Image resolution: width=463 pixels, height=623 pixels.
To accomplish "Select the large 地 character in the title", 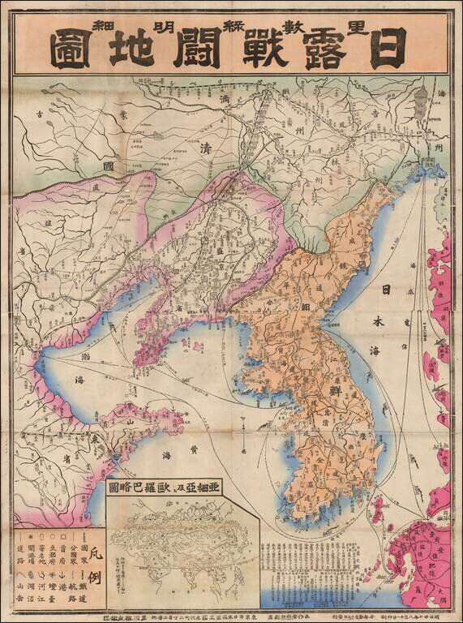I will pos(132,49).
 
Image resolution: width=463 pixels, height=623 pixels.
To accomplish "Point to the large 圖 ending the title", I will pos(71,49).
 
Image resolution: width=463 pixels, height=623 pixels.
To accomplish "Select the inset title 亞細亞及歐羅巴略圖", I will pos(180,488).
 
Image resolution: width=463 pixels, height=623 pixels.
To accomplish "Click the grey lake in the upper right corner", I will pos(419,105).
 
